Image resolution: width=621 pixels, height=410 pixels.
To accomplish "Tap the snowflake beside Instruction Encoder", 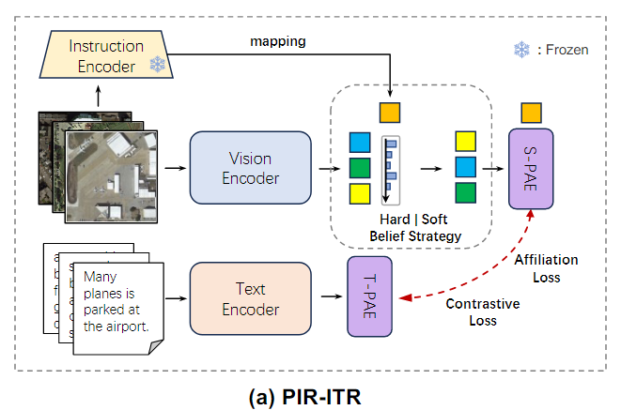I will click(156, 66).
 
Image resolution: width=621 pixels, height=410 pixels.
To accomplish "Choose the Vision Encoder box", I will click(250, 168).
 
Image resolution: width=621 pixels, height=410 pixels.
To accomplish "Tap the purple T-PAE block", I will click(368, 297).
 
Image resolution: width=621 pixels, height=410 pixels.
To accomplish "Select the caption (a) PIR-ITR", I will click(310, 395).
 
